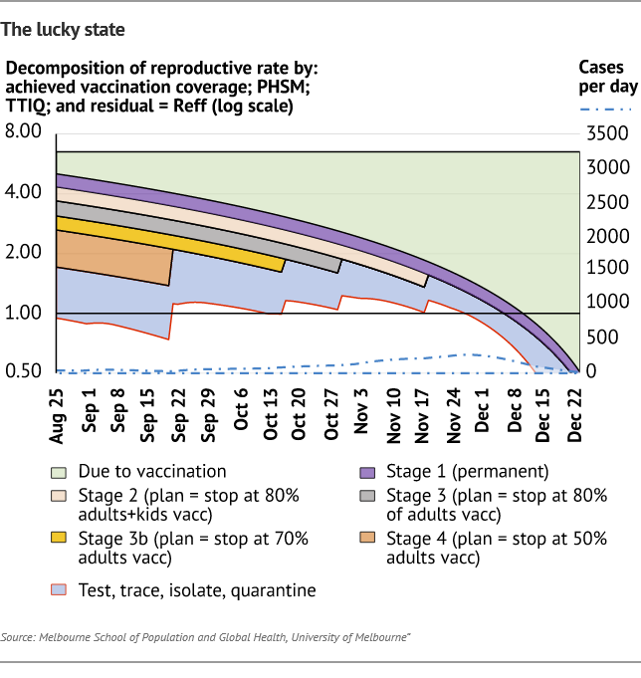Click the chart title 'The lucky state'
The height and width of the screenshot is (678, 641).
point(63,29)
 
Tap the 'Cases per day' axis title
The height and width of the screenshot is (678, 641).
point(607,77)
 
